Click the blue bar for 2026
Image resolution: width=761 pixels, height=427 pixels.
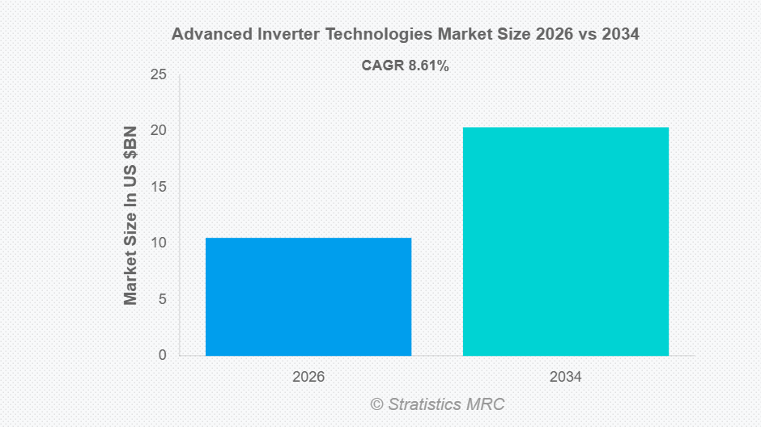pos(308,296)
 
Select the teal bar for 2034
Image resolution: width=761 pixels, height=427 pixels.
pos(565,241)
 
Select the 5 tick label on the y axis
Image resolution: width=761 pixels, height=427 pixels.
pos(162,299)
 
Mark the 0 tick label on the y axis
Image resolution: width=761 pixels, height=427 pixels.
pos(162,355)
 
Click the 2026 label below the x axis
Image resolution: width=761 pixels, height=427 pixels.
pos(308,377)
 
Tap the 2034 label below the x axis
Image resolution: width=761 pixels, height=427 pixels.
pos(565,377)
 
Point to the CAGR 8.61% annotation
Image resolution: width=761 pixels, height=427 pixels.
pos(405,66)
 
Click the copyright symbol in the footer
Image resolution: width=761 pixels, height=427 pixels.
pos(376,404)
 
